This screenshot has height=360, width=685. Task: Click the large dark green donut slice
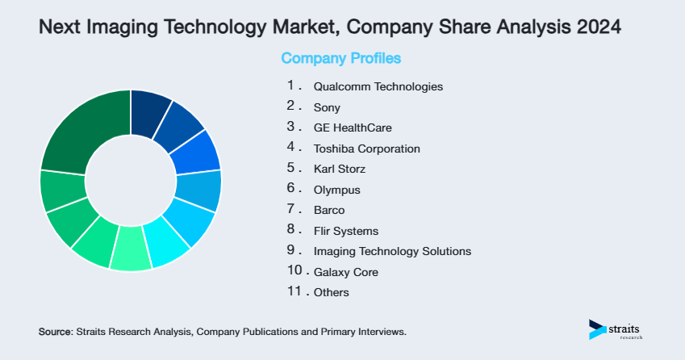(x=81, y=129)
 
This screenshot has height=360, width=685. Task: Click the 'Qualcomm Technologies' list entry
(x=378, y=86)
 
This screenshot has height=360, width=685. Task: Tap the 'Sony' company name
(x=327, y=107)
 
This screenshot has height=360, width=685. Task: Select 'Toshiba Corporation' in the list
(x=366, y=149)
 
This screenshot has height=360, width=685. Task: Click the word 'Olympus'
(x=336, y=190)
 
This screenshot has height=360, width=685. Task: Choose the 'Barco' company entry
(x=329, y=211)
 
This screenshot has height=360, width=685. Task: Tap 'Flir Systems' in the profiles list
(x=345, y=232)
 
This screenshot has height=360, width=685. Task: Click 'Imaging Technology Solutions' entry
(x=392, y=252)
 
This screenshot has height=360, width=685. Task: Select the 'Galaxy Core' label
(x=345, y=273)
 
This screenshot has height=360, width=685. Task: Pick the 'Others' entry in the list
(x=332, y=293)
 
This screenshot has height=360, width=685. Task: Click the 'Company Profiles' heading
(x=341, y=59)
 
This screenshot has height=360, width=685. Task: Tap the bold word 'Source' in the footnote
(x=55, y=332)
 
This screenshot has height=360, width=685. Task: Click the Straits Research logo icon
(x=597, y=329)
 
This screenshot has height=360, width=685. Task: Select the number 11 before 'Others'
(x=294, y=292)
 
